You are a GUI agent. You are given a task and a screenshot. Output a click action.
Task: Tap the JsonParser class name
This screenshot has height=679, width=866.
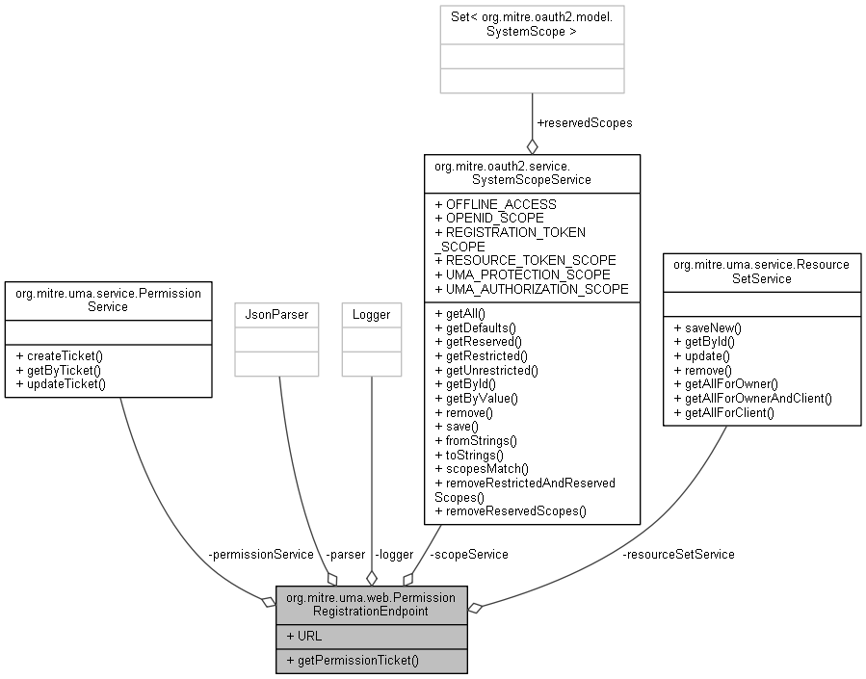[276, 315]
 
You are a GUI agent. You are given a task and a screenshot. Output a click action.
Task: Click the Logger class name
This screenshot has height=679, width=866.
[371, 315]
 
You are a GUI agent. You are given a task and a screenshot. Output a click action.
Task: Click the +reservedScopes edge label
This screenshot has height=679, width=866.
[585, 123]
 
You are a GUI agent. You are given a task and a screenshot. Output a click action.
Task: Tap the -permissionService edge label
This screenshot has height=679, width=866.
[261, 554]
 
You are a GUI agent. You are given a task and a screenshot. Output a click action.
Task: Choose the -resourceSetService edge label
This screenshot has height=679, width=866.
[679, 554]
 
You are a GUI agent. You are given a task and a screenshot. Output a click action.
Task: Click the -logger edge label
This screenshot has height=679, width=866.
[394, 554]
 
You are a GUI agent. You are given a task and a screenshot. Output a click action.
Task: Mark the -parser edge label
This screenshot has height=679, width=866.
[346, 554]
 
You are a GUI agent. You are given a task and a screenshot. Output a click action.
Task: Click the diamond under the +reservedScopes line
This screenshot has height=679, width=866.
[533, 146]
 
